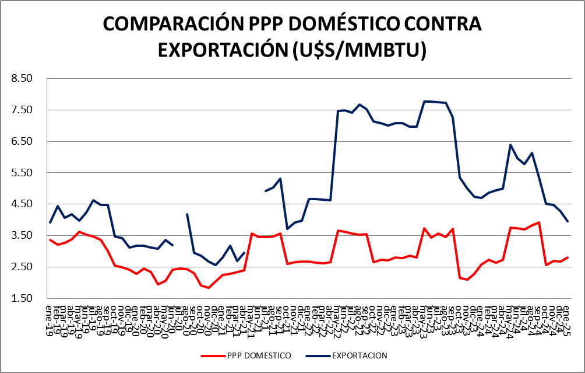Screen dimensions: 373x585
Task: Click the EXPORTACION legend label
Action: point(360,355)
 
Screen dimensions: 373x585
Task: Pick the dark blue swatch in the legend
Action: point(318,355)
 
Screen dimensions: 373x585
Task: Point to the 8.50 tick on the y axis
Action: point(24,78)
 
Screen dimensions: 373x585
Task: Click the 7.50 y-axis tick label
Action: point(24,110)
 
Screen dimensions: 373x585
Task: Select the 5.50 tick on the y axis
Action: point(24,173)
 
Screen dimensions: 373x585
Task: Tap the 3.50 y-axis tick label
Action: point(24,235)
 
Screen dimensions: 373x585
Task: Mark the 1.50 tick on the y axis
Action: point(24,298)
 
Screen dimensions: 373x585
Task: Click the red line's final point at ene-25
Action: point(568,257)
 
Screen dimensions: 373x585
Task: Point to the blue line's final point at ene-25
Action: point(568,221)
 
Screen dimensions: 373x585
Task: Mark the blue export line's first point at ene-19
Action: point(50,222)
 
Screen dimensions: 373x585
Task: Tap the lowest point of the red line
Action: point(209,288)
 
